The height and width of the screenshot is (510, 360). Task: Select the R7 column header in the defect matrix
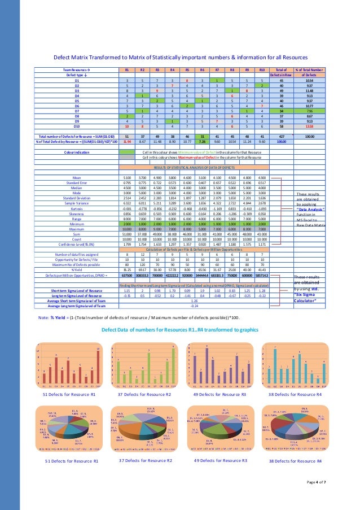(216, 69)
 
